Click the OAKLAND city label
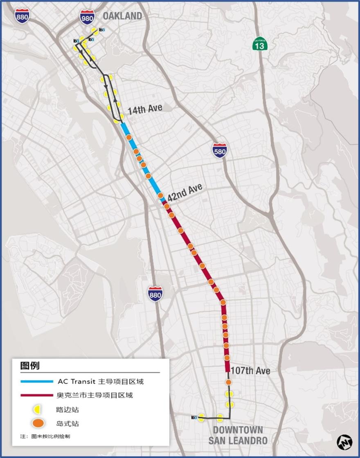122,16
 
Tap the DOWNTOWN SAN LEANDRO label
238,435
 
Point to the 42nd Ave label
185,191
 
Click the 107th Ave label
250,370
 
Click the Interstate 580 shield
220,150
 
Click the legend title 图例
30,365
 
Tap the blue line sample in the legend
37,382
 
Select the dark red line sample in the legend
37,395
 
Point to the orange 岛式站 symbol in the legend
38,423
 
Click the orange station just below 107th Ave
229,382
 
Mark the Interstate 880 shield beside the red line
155,293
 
